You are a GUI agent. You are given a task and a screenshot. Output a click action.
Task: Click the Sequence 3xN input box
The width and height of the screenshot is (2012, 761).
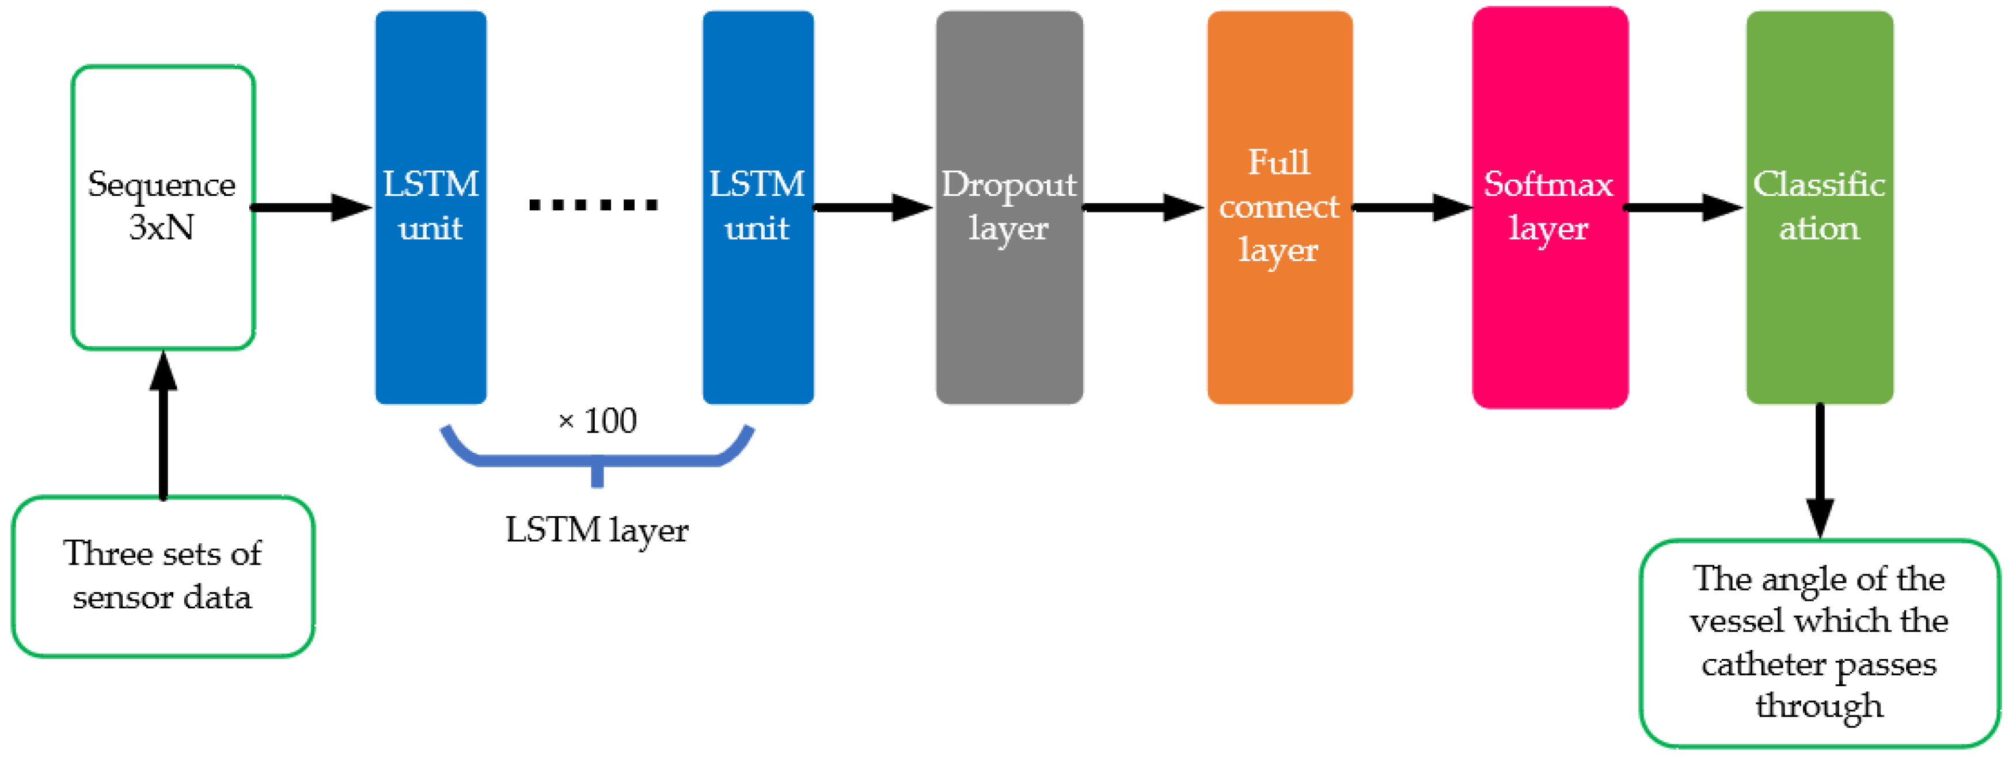(x=162, y=207)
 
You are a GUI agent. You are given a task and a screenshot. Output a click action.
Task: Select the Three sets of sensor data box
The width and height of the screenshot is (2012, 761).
(x=162, y=576)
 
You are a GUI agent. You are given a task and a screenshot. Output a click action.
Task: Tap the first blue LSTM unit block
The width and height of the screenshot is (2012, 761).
(x=430, y=207)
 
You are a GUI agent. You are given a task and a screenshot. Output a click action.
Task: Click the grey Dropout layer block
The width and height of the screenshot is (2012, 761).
(x=1008, y=207)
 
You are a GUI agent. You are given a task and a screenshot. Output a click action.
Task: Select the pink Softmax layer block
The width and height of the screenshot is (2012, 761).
(x=1549, y=207)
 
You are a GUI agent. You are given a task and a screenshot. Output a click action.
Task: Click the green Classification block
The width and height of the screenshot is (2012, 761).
(x=1819, y=207)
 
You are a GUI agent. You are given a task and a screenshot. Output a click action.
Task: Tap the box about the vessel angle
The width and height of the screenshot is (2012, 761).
(x=1819, y=642)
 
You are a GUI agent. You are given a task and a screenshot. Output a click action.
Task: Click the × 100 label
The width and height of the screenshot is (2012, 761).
(x=598, y=421)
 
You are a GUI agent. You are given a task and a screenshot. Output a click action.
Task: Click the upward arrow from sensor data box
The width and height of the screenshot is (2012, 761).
(x=162, y=426)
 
